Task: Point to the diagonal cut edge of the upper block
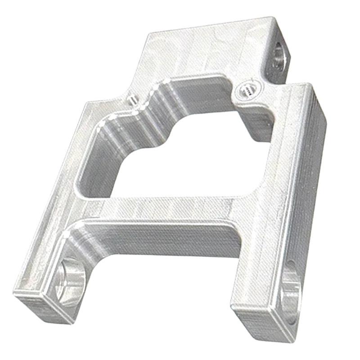click(135, 63)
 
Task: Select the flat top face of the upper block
click(202, 49)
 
